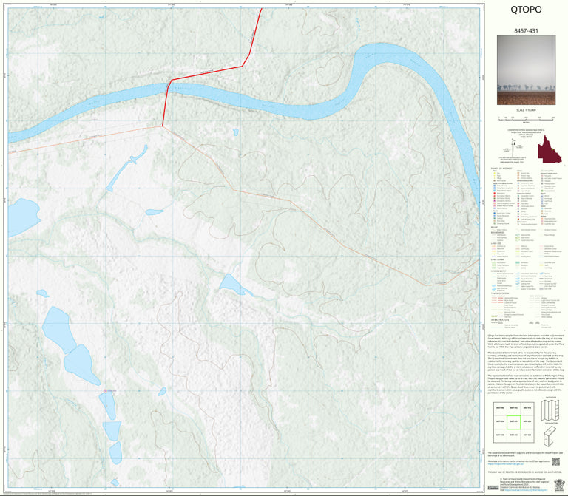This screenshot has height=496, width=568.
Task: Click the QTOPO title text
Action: [526, 10]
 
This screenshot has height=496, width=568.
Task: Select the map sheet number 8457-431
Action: [526, 31]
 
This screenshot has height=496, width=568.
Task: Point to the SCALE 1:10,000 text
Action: [526, 110]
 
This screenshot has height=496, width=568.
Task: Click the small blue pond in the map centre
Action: [231, 284]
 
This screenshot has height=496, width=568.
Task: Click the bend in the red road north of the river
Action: [243, 66]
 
